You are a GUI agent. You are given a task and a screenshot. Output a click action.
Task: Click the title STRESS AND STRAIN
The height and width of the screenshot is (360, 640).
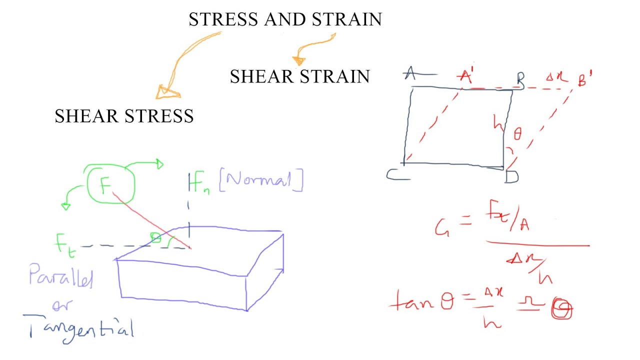click(285, 19)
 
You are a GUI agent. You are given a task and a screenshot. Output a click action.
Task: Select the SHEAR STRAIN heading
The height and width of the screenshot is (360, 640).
click(299, 76)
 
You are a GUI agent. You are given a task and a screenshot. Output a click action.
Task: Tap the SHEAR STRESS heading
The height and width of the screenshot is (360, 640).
click(124, 116)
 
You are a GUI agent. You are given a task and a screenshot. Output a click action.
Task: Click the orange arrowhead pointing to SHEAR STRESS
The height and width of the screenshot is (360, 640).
click(166, 92)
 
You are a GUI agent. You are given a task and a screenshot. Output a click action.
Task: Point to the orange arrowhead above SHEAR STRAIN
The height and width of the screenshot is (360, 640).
click(298, 60)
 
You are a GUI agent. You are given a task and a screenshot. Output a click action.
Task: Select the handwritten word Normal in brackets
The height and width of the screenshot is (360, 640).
click(260, 181)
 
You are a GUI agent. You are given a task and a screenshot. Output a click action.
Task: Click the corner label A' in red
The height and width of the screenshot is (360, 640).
click(466, 76)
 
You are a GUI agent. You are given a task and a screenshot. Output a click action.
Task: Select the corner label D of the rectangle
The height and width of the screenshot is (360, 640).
click(511, 176)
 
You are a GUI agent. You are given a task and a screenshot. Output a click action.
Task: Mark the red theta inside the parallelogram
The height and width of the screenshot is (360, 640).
click(517, 133)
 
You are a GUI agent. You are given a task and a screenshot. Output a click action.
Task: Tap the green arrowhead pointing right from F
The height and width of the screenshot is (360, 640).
click(158, 163)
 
